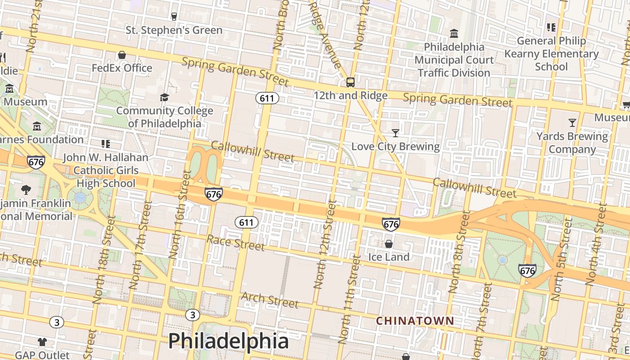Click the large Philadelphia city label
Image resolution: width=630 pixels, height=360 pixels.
click(x=228, y=341)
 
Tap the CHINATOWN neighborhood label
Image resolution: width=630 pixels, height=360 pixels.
click(x=415, y=321)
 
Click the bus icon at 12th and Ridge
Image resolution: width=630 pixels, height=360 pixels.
click(x=350, y=82)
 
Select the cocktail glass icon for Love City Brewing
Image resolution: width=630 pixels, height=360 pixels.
click(x=395, y=133)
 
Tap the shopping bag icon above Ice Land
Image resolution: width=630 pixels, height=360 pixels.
click(x=388, y=244)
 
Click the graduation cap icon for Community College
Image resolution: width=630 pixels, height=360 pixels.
click(x=164, y=98)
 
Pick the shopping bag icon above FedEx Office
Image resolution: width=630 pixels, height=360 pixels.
click(x=121, y=55)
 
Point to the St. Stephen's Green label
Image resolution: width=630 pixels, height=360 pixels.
click(x=174, y=30)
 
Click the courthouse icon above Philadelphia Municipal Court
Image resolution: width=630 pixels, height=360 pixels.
click(x=454, y=34)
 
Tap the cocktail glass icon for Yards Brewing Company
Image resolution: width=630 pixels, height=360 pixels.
click(x=572, y=122)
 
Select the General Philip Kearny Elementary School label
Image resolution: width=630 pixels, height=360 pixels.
click(x=551, y=54)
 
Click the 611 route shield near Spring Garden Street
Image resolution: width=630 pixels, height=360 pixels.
click(x=267, y=98)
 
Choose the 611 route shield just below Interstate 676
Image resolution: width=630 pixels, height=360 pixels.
click(x=246, y=222)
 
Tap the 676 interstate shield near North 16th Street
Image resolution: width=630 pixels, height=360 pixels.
click(x=213, y=194)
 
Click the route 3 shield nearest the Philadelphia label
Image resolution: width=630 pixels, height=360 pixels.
click(x=193, y=315)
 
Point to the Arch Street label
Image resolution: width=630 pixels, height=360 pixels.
click(x=270, y=300)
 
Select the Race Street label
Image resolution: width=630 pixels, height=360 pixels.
click(x=235, y=243)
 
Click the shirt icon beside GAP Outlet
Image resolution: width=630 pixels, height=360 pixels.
click(x=42, y=342)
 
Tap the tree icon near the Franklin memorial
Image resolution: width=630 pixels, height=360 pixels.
click(x=26, y=189)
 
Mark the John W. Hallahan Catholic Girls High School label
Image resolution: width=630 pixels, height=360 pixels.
click(x=105, y=170)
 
